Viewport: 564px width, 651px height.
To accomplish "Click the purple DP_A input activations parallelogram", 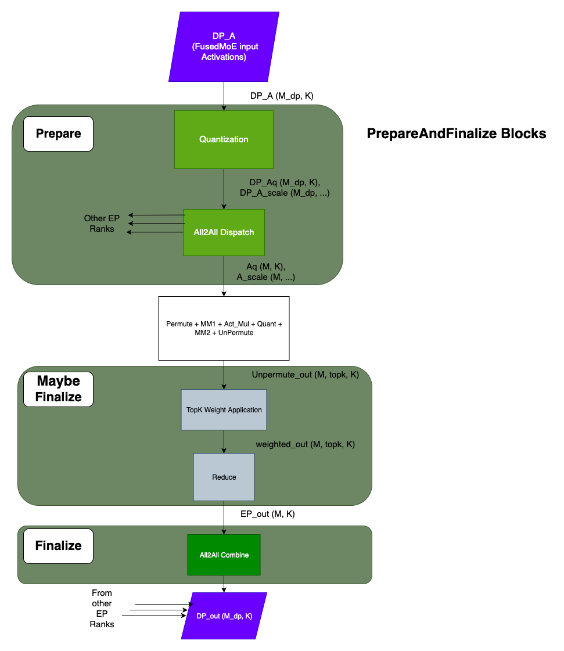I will tap(224, 46).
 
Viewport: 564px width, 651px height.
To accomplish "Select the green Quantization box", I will tap(224, 139).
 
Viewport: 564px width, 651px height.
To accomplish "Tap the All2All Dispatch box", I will tap(224, 232).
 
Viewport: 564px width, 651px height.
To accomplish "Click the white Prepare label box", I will tap(58, 134).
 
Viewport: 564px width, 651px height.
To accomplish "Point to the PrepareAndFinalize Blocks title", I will tap(457, 134).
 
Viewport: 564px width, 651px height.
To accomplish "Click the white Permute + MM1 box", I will tap(224, 328).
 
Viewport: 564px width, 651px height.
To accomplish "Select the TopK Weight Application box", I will tap(224, 409).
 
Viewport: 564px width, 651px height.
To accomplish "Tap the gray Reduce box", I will tap(224, 477).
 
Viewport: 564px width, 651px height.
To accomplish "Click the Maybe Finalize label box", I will tap(58, 389).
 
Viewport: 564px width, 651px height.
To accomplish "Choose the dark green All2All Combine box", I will tap(224, 555).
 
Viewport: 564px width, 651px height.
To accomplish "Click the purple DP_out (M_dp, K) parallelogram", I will tap(224, 616).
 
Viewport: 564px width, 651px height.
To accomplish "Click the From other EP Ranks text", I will tap(102, 609).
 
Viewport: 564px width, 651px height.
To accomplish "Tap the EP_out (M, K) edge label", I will tap(267, 515).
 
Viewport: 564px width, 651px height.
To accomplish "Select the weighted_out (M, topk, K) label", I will tap(305, 444).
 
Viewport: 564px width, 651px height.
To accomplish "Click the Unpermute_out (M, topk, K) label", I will tap(305, 375).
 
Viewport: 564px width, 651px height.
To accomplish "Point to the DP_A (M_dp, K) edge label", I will tap(282, 96).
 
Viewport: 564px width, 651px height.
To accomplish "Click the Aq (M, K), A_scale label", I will tap(265, 271).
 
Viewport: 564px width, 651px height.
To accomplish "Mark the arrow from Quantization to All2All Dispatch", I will tap(224, 189).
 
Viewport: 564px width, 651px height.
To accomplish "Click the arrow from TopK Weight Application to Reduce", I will tap(224, 441).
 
